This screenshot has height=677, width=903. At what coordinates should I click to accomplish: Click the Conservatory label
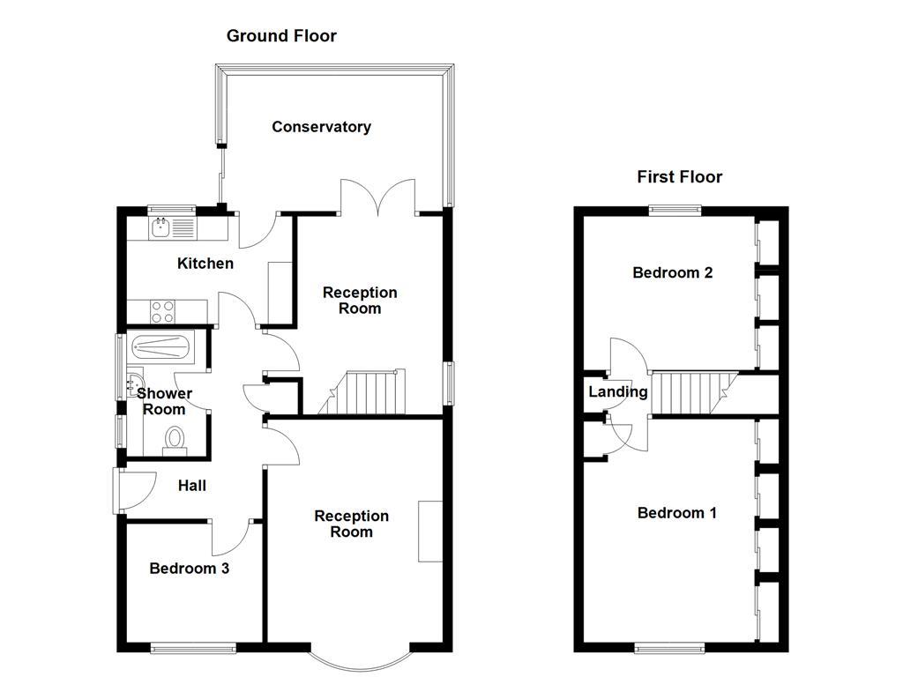coord(321,127)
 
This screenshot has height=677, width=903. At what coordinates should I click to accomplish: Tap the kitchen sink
coord(160,228)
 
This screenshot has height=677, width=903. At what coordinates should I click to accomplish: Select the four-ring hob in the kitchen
coord(163,311)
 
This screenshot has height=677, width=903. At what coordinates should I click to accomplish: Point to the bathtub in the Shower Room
coord(160,346)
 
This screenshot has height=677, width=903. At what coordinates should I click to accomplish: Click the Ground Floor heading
coord(281,36)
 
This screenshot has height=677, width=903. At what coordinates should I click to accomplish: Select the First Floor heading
coord(679,177)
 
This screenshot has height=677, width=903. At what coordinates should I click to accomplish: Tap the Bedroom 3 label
coord(189,569)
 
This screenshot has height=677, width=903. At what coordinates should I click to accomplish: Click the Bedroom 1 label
coord(676,513)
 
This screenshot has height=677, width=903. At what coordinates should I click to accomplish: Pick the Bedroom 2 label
coord(672,273)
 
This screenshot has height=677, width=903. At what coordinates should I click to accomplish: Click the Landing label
coord(618,392)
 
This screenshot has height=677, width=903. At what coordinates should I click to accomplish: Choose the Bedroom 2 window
coord(676,209)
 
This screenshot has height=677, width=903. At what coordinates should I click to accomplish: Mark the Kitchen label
coord(205,264)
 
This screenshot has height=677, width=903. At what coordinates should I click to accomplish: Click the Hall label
coord(192,486)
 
